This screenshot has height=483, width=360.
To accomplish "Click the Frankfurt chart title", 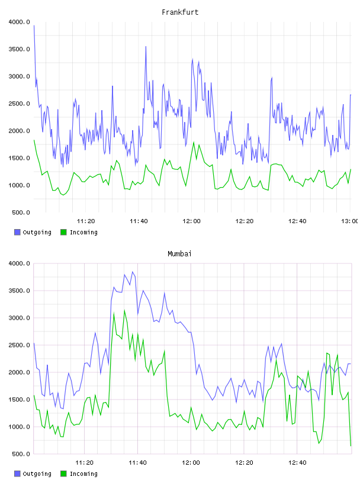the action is coord(180,12).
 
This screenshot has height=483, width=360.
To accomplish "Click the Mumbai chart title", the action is coord(179,254).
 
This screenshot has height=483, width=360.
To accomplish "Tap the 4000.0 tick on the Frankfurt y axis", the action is coord(20,22).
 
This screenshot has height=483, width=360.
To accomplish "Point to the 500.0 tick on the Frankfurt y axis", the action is coord(21,212).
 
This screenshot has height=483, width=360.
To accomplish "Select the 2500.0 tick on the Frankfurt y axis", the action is coord(20,104).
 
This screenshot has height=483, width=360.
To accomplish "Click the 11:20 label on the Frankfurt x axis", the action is coord(86,221).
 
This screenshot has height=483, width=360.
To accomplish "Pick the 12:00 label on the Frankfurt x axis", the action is coord(191,221).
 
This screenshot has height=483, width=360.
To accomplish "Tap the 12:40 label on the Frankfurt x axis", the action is coord(297,221).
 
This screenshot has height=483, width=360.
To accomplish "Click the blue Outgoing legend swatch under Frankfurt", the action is coord(17,232).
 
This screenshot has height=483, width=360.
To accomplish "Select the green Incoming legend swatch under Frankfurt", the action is coord(63,232).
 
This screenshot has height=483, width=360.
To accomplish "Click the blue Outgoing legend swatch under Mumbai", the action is coord(17,474).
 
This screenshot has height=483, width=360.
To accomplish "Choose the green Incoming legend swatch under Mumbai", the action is coord(63,474).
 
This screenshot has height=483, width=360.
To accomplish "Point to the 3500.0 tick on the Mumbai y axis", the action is coord(20,291).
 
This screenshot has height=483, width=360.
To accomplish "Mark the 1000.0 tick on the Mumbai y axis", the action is coord(20,427).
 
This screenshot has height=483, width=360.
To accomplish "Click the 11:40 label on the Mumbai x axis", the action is coord(137,463).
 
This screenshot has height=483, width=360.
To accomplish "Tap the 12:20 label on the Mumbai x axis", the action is coord(244,463).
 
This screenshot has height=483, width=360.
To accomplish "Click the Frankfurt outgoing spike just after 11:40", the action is coord(146,47).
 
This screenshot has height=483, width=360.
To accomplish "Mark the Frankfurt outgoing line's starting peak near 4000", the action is coord(34,25).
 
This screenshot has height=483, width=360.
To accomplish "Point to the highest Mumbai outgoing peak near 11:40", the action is coord(133,272).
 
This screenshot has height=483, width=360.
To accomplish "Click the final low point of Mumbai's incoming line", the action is coord(351,446).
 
